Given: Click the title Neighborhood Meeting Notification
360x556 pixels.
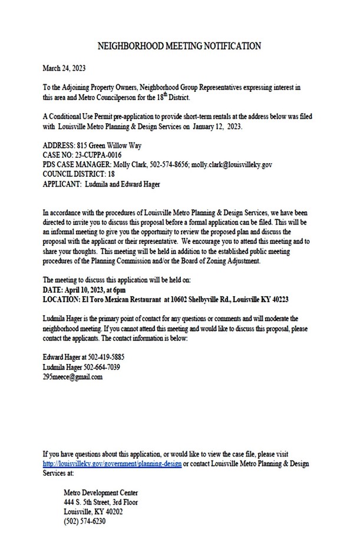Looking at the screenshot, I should (179, 45).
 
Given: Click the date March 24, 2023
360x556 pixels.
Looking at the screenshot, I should (63, 68).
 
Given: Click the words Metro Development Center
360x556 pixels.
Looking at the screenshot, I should (101, 492).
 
